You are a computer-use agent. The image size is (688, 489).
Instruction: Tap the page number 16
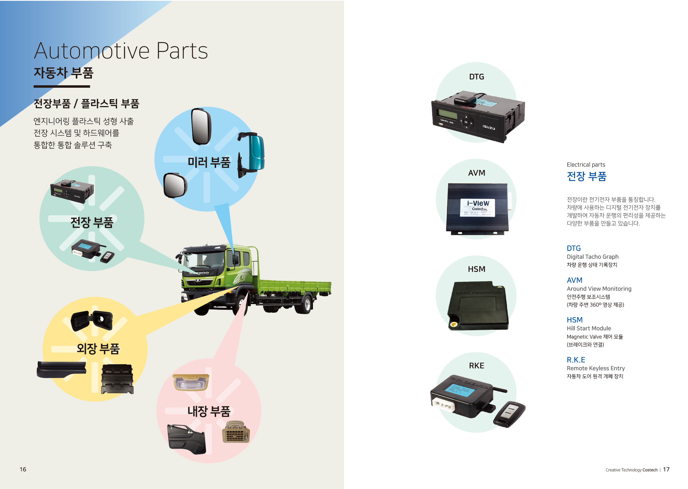click(x=23, y=469)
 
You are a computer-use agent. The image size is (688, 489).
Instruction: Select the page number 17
click(x=666, y=469)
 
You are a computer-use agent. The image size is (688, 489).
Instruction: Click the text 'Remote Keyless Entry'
click(x=596, y=368)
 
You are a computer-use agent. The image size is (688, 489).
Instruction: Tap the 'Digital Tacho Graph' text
click(x=592, y=257)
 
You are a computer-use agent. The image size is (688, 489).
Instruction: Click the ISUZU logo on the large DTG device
click(x=489, y=127)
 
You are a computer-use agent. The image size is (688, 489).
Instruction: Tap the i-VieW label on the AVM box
click(x=478, y=203)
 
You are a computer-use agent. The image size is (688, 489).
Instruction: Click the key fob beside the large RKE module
click(x=509, y=414)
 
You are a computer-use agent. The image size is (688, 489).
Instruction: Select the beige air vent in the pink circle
click(x=236, y=432)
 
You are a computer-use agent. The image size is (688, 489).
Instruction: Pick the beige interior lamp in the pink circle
click(x=190, y=382)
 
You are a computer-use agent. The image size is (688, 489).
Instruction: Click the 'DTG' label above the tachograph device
click(x=476, y=77)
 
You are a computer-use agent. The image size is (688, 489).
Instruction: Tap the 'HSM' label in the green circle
click(x=476, y=269)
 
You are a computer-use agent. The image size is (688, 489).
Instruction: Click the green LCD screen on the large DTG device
click(x=448, y=114)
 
